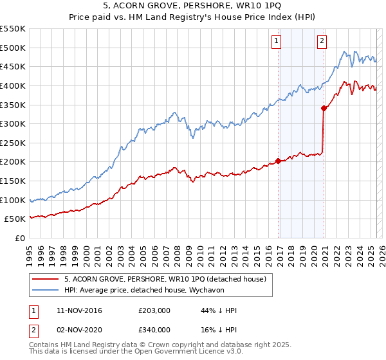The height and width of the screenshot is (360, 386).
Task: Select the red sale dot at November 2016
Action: (278, 161)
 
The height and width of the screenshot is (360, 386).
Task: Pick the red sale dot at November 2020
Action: (324, 108)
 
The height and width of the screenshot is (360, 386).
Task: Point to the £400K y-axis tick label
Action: (12, 85)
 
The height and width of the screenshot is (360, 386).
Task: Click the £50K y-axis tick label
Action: (15, 219)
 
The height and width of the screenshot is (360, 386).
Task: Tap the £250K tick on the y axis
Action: (12, 143)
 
